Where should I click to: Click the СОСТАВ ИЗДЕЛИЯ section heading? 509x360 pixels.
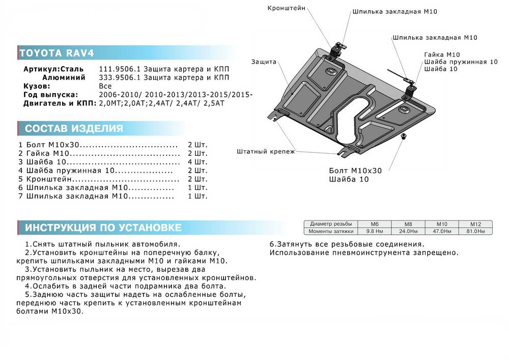click(x=71, y=128)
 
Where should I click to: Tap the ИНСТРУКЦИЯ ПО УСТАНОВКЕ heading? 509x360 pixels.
click(x=100, y=227)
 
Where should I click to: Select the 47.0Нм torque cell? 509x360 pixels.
click(x=442, y=231)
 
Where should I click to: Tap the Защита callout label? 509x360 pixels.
click(x=263, y=62)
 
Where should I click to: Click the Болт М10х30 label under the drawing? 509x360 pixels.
click(x=355, y=171)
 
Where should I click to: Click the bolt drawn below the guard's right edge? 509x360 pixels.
click(x=404, y=136)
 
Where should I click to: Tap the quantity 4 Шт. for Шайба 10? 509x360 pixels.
click(x=197, y=162)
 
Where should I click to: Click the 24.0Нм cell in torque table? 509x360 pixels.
click(x=408, y=231)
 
